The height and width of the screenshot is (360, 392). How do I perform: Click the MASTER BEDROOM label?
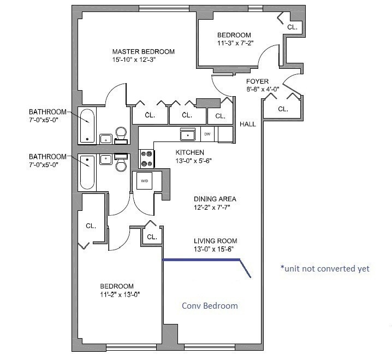point(143,51)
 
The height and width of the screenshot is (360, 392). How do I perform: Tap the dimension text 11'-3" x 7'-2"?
point(235,43)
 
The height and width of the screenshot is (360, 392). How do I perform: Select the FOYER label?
point(257,81)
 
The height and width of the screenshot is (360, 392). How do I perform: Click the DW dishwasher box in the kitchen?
point(207,134)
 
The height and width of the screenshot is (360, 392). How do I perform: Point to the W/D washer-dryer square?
point(145,181)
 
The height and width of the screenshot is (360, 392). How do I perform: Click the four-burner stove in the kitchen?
point(147,158)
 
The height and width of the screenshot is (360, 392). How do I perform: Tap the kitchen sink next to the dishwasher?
point(188,134)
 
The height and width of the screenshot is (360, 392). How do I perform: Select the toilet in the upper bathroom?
point(121,135)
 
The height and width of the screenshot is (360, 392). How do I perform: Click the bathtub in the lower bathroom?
point(87,173)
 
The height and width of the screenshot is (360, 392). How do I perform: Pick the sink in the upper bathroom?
point(106,139)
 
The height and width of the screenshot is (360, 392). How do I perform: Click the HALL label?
point(248,124)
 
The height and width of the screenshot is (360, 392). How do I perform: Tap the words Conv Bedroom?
point(210,306)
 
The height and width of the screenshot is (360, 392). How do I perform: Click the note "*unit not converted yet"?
point(325,268)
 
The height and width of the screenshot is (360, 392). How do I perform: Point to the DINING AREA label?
point(215,199)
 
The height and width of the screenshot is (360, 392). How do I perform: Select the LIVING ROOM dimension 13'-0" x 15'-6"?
point(214,249)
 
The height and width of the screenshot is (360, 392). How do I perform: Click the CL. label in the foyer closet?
point(283,109)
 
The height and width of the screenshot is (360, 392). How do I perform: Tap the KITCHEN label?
point(190,152)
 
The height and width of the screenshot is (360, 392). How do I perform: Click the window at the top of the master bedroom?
point(164,9)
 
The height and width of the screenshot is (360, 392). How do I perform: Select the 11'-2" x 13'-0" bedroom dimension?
point(120,294)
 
